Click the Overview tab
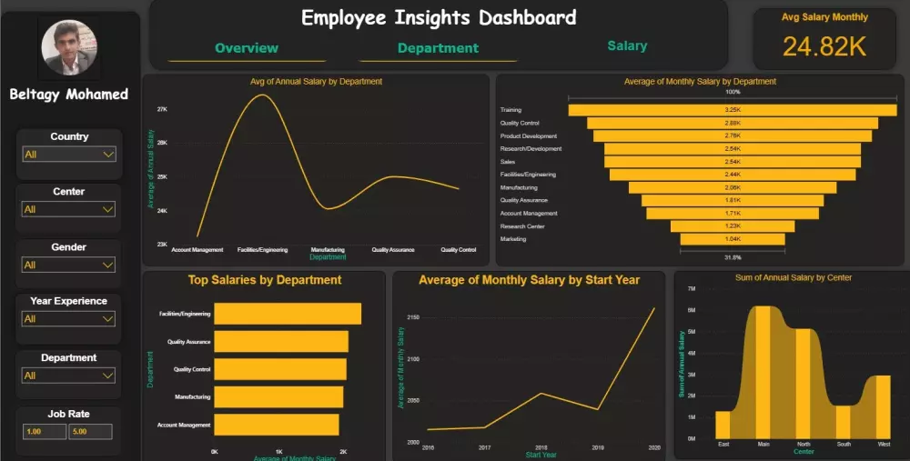tap(247, 48)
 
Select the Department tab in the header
tap(438, 48)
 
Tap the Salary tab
tap(627, 45)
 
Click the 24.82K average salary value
tap(824, 47)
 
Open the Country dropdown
tap(69, 155)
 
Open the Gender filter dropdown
tap(69, 265)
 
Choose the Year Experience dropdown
tap(69, 319)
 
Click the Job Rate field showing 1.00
tap(44, 431)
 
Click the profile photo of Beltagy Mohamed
tap(69, 49)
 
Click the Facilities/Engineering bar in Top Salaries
tap(288, 314)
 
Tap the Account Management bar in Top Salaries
tap(277, 425)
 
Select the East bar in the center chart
tap(723, 425)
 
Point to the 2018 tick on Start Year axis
tap(541, 448)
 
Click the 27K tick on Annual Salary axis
tap(162, 109)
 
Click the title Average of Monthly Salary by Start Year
tap(529, 280)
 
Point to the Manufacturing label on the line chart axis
tap(328, 249)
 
